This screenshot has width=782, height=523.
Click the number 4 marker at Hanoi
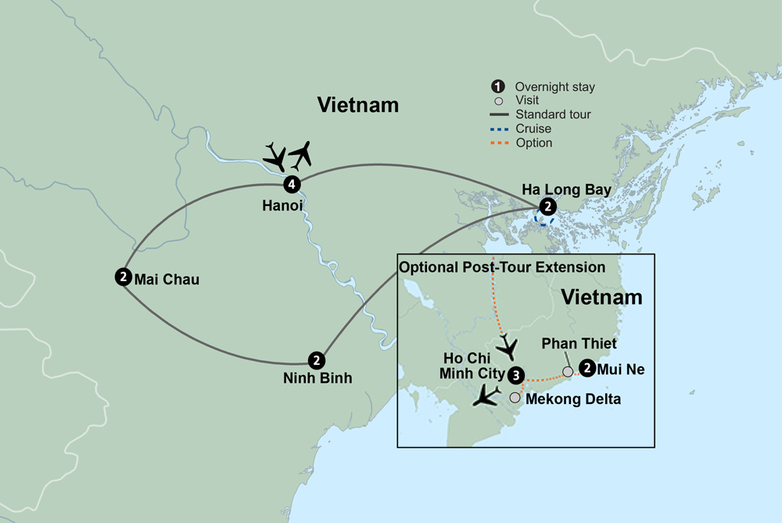(292, 185)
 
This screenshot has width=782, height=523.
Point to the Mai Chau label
(167, 278)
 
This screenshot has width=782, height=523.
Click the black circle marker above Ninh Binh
(315, 360)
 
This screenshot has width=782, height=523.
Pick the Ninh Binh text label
(318, 378)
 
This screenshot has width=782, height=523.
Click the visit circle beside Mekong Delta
(515, 398)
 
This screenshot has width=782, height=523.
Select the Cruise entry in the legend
(533, 128)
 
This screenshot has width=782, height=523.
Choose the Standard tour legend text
(553, 114)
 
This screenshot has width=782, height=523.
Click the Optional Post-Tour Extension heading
(502, 268)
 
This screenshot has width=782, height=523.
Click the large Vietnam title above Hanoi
(357, 105)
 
